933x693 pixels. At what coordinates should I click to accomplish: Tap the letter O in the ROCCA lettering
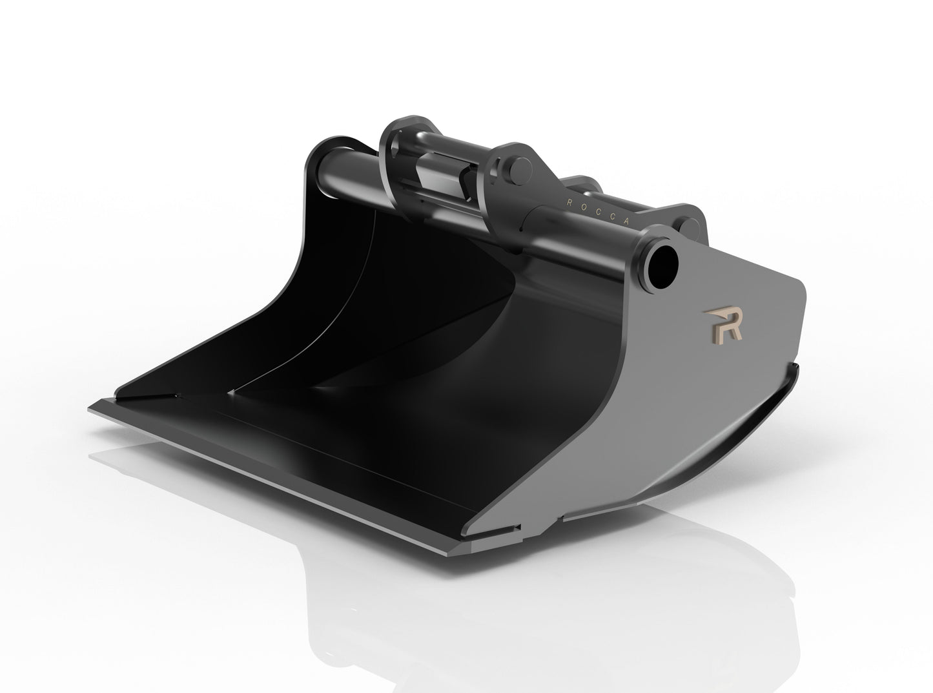point(584,207)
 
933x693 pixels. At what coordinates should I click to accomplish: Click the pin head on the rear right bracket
point(689,227)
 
